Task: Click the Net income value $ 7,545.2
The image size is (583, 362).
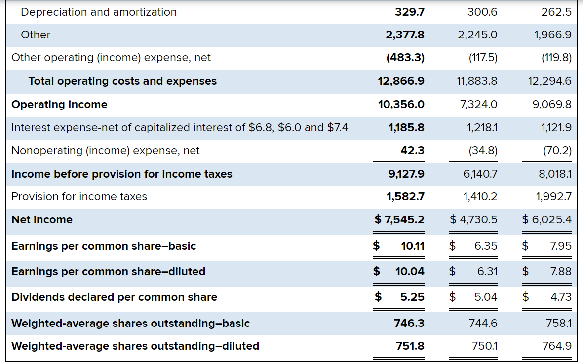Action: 399,219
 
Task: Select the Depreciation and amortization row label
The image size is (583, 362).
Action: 99,12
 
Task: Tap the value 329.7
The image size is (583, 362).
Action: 410,12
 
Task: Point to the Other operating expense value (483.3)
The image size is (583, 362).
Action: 405,58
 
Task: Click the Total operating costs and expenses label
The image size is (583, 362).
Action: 122,81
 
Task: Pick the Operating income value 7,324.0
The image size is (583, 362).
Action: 478,104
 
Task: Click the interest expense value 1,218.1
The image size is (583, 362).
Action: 482,127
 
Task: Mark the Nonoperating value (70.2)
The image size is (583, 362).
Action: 557,150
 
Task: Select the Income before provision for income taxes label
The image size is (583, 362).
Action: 121,174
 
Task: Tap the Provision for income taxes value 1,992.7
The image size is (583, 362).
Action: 553,196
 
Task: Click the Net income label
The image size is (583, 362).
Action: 42,219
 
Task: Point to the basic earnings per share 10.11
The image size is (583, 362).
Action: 413,246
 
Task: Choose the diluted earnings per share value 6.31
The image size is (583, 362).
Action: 488,271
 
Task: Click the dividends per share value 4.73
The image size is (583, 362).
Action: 561,297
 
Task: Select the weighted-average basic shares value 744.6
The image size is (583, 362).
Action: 483,323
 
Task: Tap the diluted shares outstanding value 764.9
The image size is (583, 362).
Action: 557,346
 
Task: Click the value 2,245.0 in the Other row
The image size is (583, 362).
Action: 477,35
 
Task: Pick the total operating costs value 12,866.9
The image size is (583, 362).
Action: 401,81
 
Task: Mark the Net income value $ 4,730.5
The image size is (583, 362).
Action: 473,219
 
